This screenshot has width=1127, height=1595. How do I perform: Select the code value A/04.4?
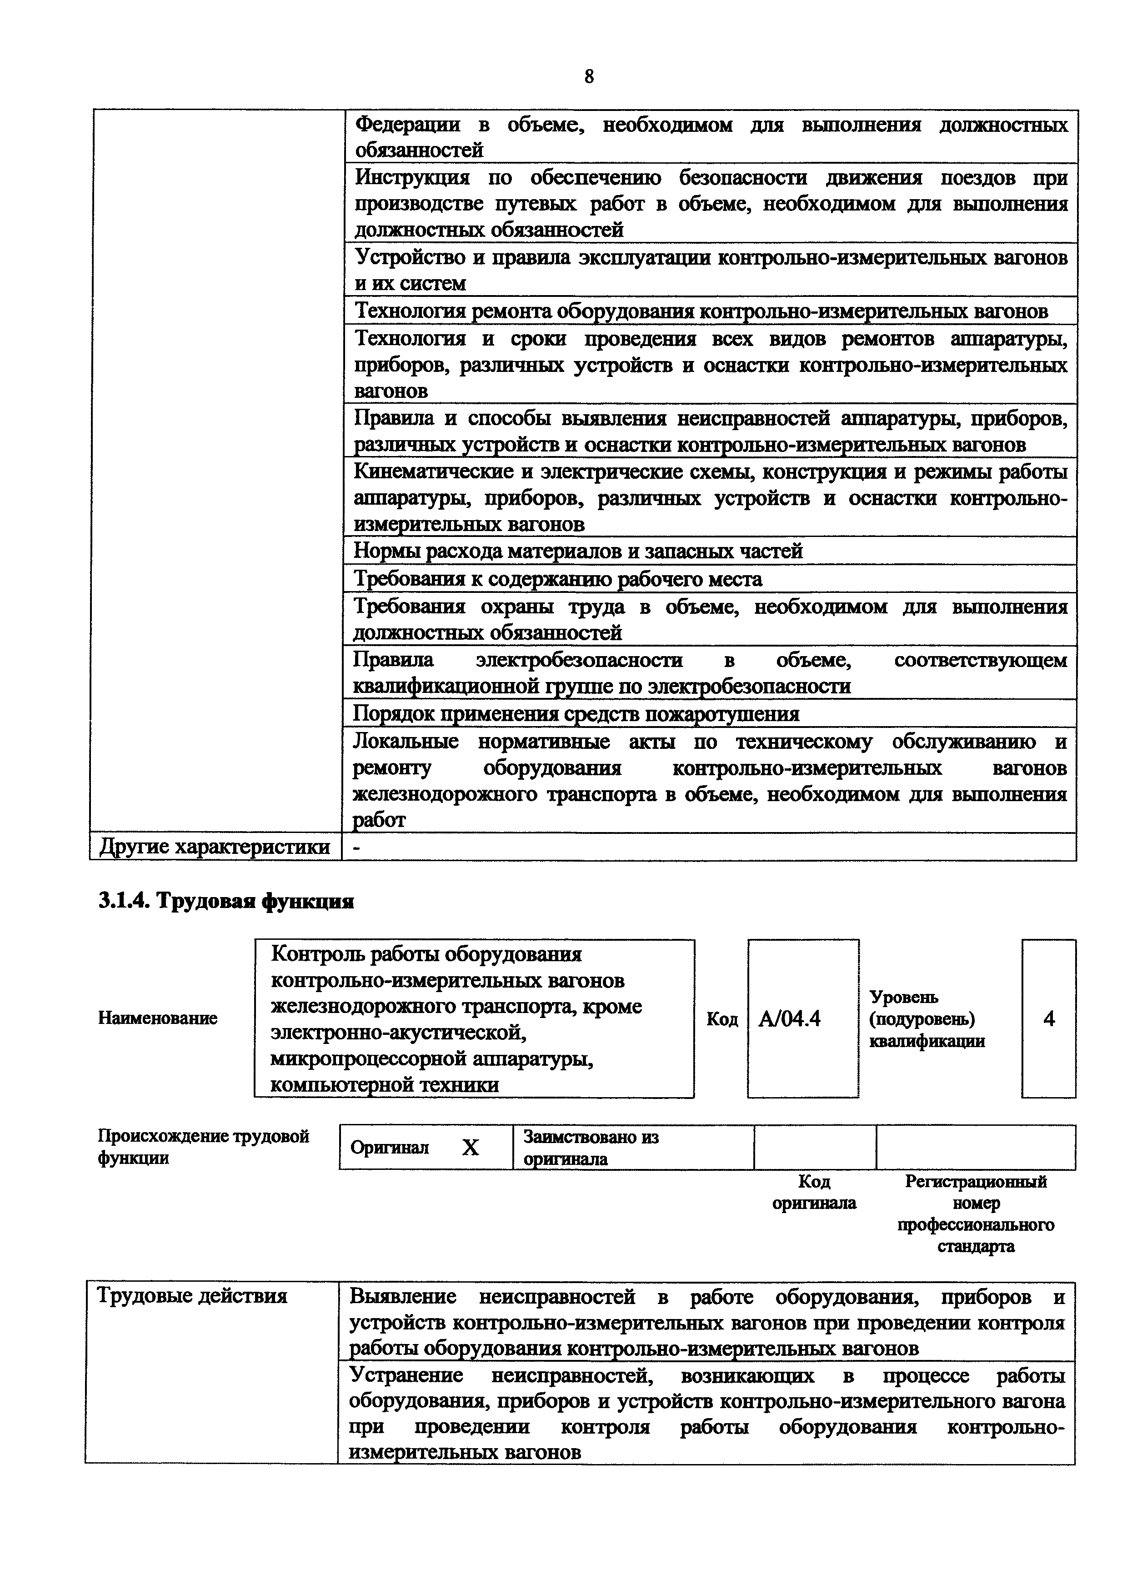pos(790,1018)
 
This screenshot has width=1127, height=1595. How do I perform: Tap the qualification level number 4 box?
pos(1048,1018)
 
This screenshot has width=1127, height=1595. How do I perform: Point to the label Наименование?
pos(158,1018)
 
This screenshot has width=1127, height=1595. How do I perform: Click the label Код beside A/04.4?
pos(721,1019)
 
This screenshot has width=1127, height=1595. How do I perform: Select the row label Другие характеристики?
pos(215,847)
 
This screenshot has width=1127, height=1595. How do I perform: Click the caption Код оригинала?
pos(814,1192)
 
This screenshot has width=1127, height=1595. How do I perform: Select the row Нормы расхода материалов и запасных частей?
pos(578,551)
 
